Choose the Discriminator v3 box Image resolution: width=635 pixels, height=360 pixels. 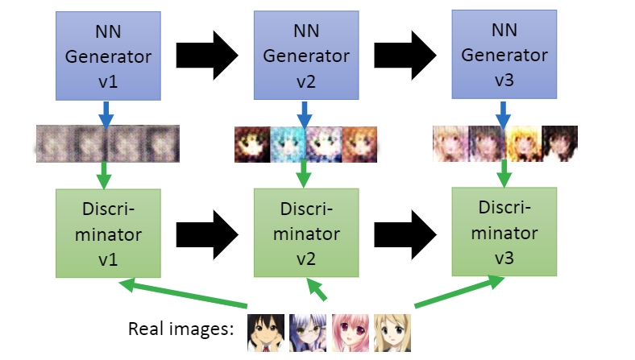click(503, 232)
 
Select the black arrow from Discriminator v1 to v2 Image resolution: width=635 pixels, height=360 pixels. click(206, 232)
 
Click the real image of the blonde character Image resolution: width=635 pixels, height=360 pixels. click(392, 333)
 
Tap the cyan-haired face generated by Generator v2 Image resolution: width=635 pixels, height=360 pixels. click(288, 144)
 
